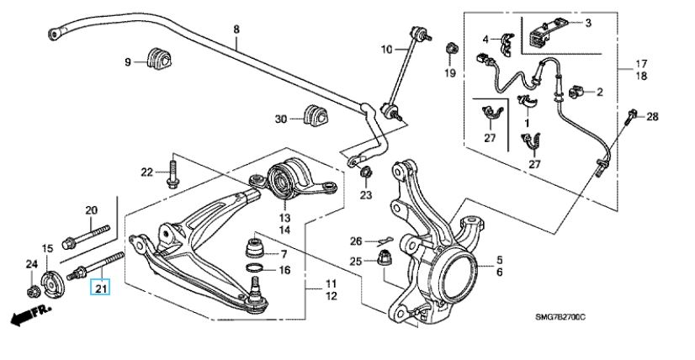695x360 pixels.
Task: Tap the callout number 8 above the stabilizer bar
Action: [x=236, y=29]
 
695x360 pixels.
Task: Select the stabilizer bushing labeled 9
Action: [x=157, y=60]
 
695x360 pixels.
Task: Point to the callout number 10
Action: [x=385, y=50]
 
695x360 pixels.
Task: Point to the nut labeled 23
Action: [x=365, y=174]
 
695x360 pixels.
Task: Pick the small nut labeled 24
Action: [x=33, y=291]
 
